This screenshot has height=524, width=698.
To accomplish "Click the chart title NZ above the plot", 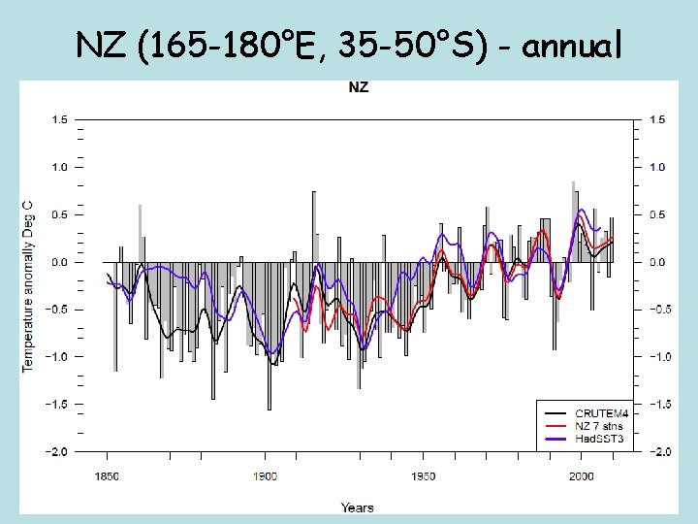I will point(359,88).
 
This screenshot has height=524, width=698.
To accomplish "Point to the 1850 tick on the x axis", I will point(107,476).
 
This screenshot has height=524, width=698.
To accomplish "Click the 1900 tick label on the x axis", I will point(265,476).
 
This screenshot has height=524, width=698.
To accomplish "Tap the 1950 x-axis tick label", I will point(423,476).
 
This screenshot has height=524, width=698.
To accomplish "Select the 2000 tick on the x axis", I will point(581,476).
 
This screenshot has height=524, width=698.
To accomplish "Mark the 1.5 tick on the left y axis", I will point(59,120).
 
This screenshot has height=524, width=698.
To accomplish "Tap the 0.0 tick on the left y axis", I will point(59,262).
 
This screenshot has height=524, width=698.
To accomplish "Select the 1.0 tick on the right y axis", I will point(657,168).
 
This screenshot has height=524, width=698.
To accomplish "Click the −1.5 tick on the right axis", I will point(659,405).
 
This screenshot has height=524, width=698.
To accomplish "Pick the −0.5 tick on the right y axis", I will point(659,310).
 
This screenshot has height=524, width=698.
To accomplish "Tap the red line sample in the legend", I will point(554,425).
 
